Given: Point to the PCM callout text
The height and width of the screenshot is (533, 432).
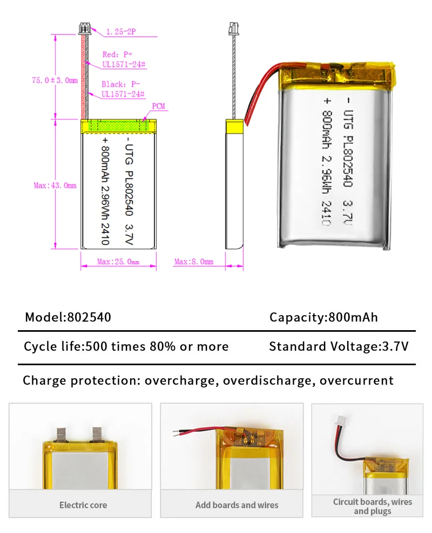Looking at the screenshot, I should click(159, 107).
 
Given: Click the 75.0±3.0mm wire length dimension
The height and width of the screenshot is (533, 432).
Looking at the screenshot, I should click(55, 80).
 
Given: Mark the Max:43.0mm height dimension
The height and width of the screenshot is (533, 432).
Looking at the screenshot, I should click(55, 186).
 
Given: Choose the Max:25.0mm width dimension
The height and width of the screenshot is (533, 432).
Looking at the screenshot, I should click(118, 262).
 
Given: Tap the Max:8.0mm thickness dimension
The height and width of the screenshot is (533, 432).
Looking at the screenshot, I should click(193, 262).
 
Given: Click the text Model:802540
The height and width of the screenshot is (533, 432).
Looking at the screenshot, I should click(68, 317).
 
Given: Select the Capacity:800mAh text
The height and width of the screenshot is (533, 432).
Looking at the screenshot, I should click(323, 317).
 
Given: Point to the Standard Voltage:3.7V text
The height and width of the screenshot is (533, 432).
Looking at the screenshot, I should click(339, 346).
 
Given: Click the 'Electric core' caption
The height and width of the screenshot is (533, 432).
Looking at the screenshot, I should click(83, 505).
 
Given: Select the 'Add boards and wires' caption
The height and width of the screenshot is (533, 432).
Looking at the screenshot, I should click(237, 505).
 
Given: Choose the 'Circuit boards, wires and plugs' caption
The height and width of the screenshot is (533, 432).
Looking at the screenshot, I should click(372, 506).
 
